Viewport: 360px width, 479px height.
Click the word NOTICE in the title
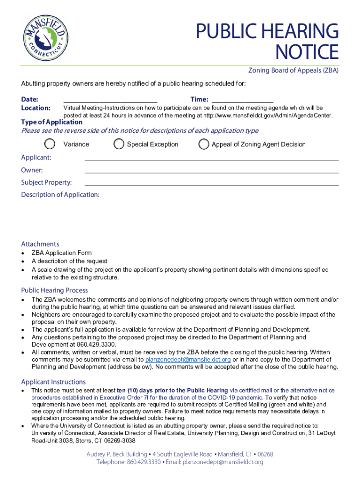click(307, 51)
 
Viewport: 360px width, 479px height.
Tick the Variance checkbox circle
click(50, 144)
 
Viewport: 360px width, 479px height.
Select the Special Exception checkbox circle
click(119, 144)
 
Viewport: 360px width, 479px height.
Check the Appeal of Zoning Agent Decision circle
click(204, 144)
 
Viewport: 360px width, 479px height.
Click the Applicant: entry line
click(211, 160)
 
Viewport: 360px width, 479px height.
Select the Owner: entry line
click(211, 172)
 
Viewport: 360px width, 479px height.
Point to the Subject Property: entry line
click(211, 185)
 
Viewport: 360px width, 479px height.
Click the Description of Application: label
click(60, 195)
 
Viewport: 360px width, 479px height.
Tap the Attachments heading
click(40, 244)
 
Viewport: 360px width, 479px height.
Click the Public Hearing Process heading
click(54, 290)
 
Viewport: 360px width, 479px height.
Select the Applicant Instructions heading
click(53, 382)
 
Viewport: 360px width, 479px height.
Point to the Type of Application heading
click(52, 122)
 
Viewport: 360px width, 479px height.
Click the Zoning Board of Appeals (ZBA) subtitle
click(293, 71)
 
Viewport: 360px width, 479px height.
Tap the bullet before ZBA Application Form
click(23, 253)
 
